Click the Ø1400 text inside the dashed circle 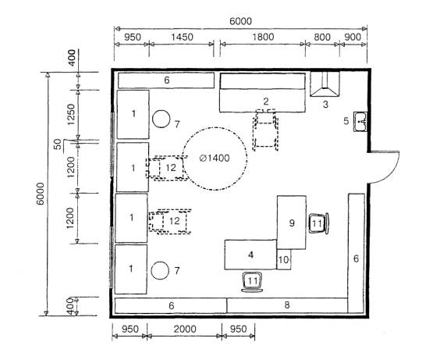pos(215,158)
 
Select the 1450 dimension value pos(182,37)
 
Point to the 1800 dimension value pos(263,37)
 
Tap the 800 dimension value pos(322,37)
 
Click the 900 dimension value pos(353,37)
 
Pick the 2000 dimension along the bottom pos(185,329)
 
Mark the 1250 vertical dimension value pos(71,115)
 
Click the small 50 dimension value pos(57,144)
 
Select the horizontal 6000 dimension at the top pos(240,21)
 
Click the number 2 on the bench pos(266,101)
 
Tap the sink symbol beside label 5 pos(360,122)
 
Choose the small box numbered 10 pos(284,259)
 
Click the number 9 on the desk pos(292,223)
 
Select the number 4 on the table pos(251,255)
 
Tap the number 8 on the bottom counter pos(287,305)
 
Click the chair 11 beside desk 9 pos(318,223)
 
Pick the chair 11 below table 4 pos(253,282)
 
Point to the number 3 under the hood pos(325,105)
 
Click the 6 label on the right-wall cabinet pos(356,258)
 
